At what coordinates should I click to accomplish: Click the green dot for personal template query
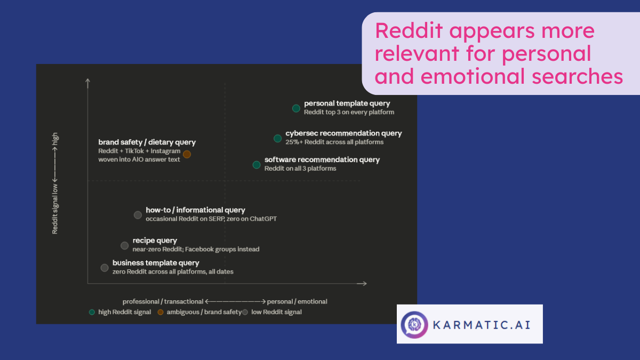[x=296, y=108]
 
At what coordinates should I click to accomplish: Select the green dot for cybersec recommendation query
[x=277, y=139]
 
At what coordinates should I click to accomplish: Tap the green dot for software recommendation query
[x=257, y=165]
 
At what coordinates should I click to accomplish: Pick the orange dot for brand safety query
[x=187, y=154]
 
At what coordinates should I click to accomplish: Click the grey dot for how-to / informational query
[x=138, y=215]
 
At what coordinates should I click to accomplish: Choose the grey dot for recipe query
[x=124, y=245]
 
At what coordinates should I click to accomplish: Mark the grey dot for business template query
[x=105, y=268]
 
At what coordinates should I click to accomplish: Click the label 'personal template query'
[x=347, y=103]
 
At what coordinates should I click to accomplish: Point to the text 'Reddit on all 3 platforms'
[x=300, y=169]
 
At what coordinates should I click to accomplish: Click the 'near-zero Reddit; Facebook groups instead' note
[x=196, y=249]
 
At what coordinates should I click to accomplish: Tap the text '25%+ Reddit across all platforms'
[x=334, y=142]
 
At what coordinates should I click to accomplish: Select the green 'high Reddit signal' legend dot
[x=92, y=312]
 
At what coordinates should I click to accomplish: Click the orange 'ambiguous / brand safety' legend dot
[x=161, y=312]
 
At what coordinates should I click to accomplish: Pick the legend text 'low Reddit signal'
[x=276, y=312]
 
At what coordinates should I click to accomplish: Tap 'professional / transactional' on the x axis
[x=163, y=301]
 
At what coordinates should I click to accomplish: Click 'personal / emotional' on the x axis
[x=297, y=301]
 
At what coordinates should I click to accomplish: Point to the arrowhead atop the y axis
[x=87, y=81]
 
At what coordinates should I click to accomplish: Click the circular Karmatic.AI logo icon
[x=414, y=324]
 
